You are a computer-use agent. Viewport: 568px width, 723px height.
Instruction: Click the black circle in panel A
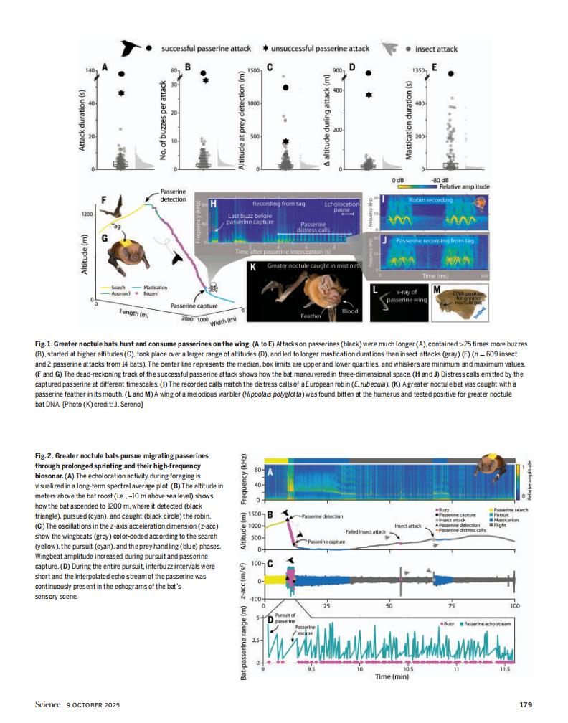pyautogui.click(x=122, y=74)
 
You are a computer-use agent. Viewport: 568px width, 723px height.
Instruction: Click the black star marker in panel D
pyautogui.click(x=369, y=94)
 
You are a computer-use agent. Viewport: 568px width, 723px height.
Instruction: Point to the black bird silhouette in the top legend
pyautogui.click(x=131, y=48)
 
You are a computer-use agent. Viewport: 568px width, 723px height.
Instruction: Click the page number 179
pyautogui.click(x=525, y=704)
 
